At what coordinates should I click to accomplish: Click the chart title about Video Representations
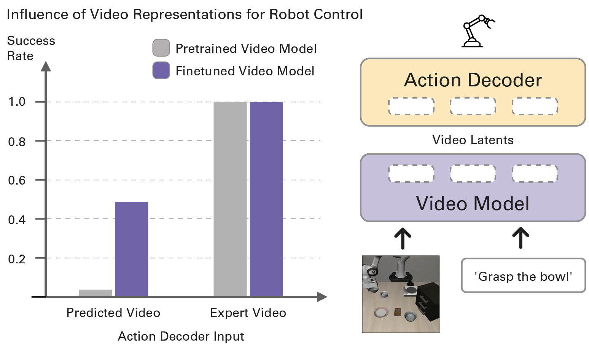click(x=185, y=14)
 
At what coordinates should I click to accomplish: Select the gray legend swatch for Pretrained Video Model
click(x=161, y=48)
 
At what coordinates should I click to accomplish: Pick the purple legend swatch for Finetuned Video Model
click(x=161, y=70)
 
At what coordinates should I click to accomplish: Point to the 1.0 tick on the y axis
click(x=17, y=102)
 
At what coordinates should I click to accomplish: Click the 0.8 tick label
click(x=17, y=142)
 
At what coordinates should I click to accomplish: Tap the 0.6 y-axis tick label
click(x=17, y=180)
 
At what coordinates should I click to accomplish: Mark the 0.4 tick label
click(x=17, y=220)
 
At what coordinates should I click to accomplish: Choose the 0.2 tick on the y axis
click(x=17, y=259)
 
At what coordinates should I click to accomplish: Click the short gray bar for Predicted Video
click(x=96, y=293)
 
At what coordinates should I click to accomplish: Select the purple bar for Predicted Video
click(x=131, y=249)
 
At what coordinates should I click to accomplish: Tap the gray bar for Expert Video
click(x=230, y=199)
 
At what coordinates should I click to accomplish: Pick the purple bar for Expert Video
click(x=266, y=199)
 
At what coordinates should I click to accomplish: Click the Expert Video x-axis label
click(x=248, y=313)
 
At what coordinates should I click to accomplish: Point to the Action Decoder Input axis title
click(x=181, y=336)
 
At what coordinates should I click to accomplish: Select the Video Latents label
click(x=473, y=140)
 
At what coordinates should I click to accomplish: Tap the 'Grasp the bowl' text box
click(x=523, y=276)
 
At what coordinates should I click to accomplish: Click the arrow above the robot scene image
click(x=402, y=238)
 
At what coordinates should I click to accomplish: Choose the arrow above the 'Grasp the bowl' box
click(x=521, y=238)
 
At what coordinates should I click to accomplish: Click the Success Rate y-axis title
click(x=31, y=48)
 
